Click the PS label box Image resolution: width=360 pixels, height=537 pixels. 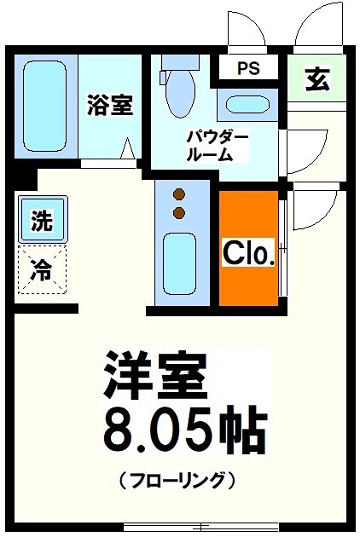[248, 68]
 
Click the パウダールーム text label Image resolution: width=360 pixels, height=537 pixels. [218, 146]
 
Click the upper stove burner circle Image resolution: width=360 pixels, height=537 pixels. [179, 193]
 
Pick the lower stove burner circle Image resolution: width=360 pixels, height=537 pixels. [179, 211]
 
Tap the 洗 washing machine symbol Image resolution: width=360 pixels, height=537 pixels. [41, 222]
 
